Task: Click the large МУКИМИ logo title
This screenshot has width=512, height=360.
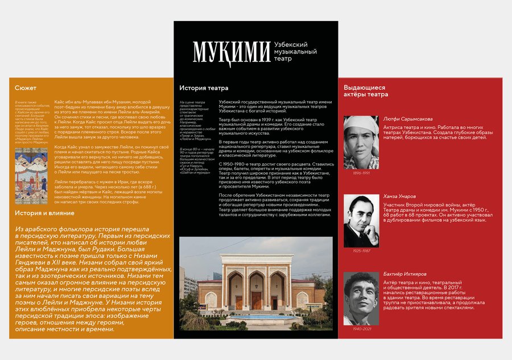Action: (231, 51)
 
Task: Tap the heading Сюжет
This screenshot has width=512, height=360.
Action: (26, 88)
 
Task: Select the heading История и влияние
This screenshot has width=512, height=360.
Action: (44, 213)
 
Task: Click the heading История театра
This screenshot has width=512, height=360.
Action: (204, 88)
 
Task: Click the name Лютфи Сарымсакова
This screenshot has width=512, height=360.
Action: (408, 119)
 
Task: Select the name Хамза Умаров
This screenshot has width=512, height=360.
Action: (402, 195)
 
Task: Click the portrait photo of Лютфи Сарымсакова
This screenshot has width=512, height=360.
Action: (361, 143)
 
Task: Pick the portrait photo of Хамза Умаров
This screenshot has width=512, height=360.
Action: (361, 221)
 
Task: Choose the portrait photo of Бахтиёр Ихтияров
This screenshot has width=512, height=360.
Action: (361, 299)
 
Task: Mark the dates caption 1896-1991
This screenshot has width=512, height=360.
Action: (361, 173)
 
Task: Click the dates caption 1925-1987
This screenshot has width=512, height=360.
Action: (361, 250)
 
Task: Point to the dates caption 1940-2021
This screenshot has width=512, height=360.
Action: (361, 329)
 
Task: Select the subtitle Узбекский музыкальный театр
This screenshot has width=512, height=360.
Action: (294, 51)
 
